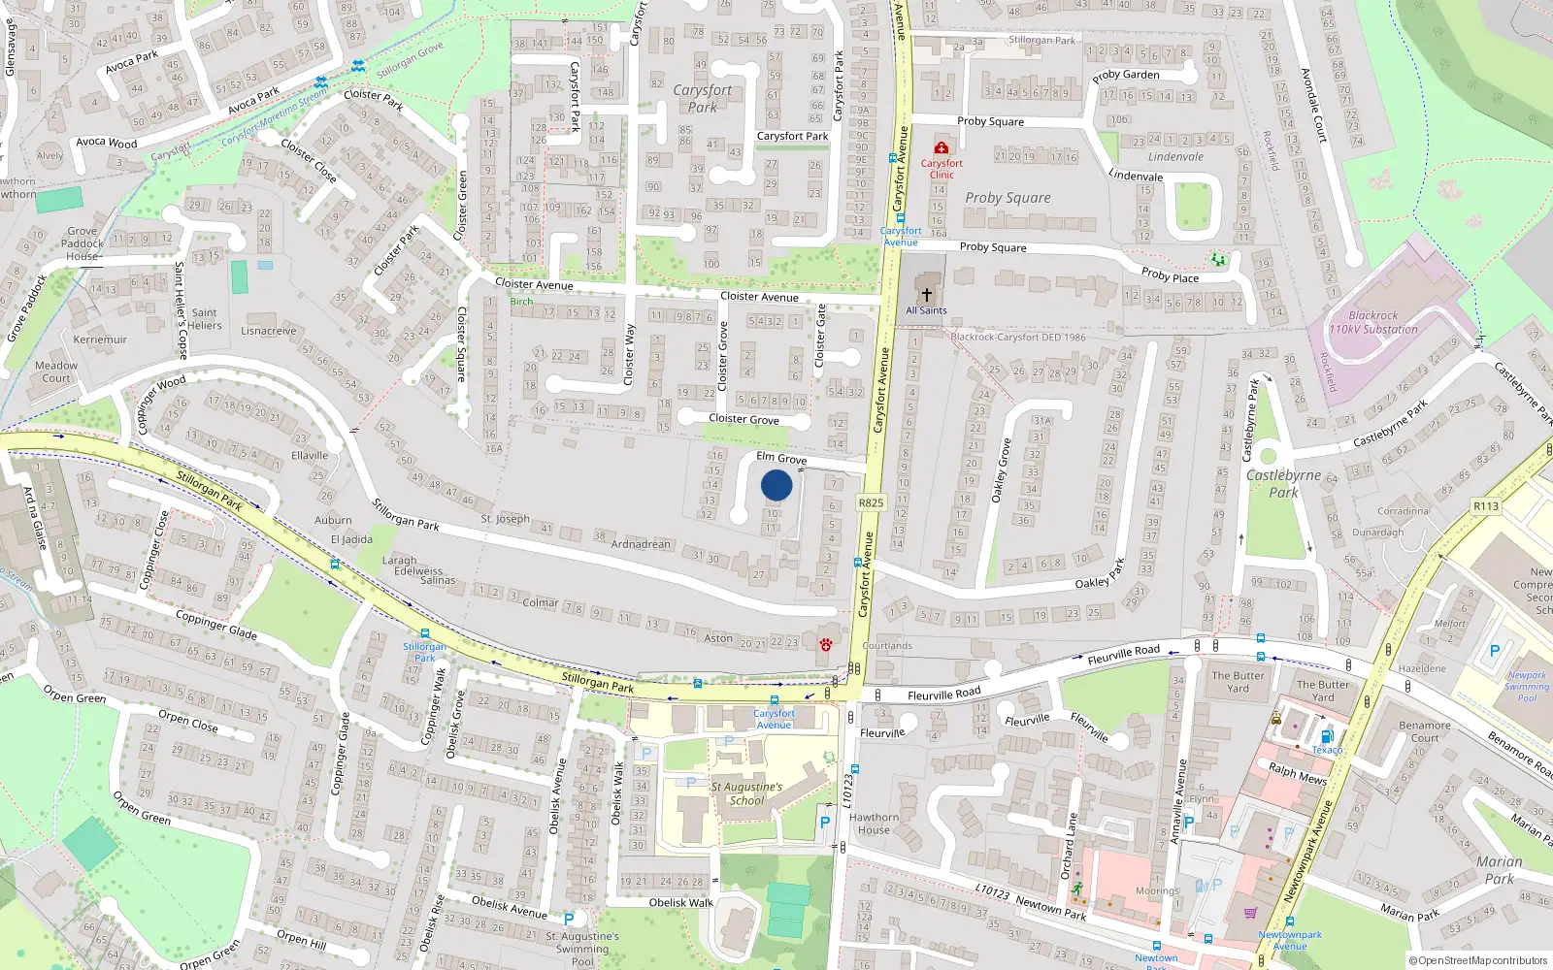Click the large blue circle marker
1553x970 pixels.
coord(776,485)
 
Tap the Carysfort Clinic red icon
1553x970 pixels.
coord(941,147)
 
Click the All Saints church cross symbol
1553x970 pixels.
coord(927,294)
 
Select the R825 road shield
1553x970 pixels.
coord(871,502)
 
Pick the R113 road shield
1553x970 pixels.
coord(1485,506)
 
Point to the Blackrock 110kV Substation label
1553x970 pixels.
coord(1373,323)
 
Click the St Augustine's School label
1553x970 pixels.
coord(746,793)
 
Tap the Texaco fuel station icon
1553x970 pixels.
coord(1327,736)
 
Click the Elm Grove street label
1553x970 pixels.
coord(781,458)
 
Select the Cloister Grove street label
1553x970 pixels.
coord(743,419)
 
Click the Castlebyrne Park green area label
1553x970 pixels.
coord(1283,483)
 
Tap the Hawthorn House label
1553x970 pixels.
coord(874,824)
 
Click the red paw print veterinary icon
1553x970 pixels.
coord(825,644)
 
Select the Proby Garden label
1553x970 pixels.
coord(1126,75)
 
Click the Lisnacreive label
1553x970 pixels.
coord(269,331)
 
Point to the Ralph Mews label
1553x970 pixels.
coord(1297,773)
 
